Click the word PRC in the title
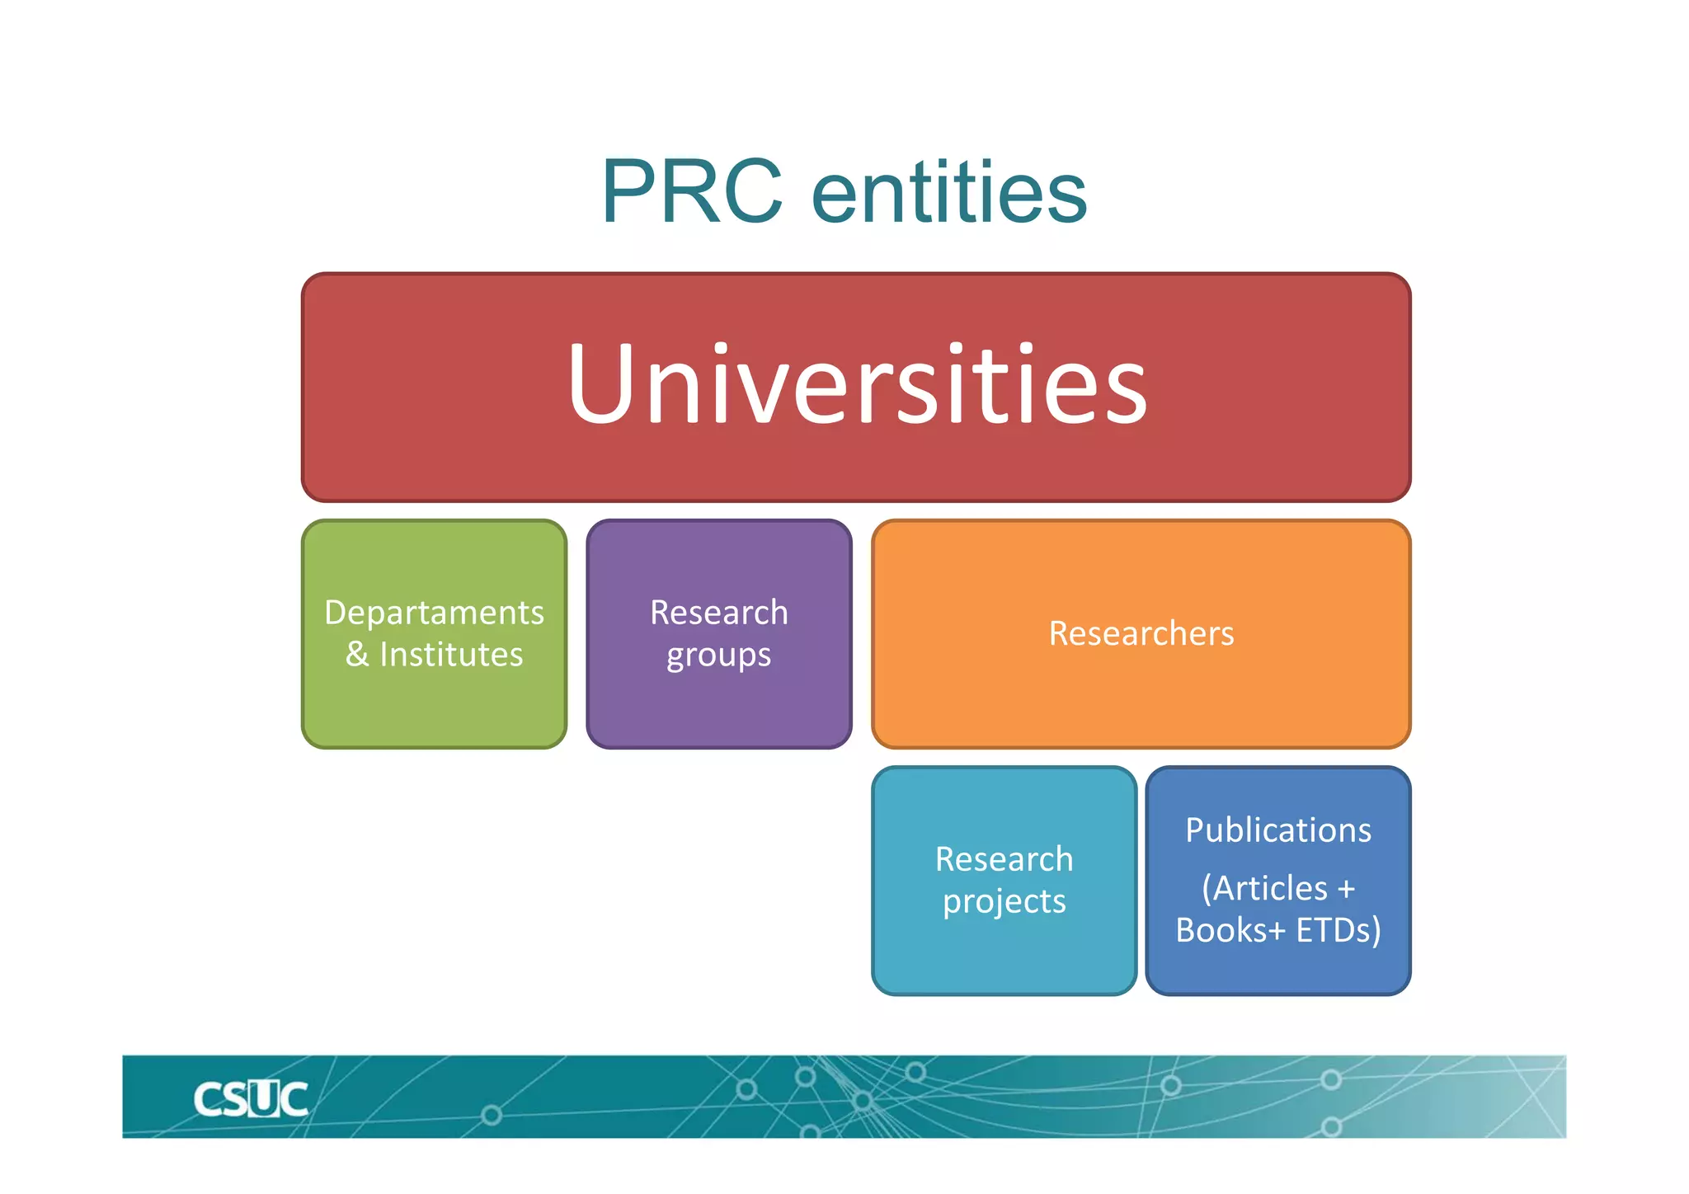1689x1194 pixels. coord(691,191)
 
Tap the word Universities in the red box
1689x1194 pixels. coord(857,384)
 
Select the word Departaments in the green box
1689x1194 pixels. coord(434,613)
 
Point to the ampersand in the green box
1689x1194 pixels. coord(357,655)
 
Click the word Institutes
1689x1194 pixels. coord(451,655)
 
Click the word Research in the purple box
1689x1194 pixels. coord(718,613)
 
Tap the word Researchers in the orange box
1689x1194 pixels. coord(1141,633)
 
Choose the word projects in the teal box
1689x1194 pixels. coord(1004,902)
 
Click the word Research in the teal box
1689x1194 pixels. coord(1004,859)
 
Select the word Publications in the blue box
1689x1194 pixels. coord(1278,830)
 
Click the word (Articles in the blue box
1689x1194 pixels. coord(1264,888)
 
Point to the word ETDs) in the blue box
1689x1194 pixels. coord(1338,930)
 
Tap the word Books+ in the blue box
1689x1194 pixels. coord(1230,930)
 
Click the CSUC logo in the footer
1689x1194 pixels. coord(251,1099)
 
